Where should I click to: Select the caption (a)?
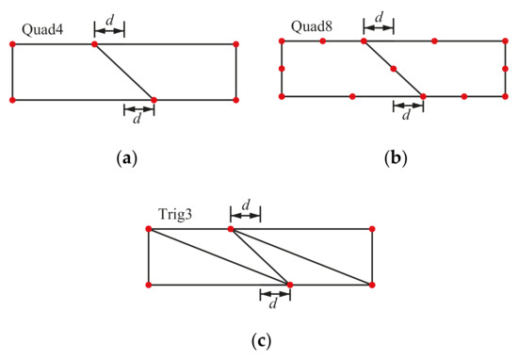(x=124, y=157)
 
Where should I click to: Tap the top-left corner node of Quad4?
(x=12, y=43)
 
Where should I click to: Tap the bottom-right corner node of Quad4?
(x=235, y=99)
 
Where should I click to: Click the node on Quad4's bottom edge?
(x=154, y=99)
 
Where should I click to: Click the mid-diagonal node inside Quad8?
(x=394, y=69)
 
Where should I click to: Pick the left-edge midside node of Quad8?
(x=282, y=69)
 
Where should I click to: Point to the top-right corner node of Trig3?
(x=372, y=229)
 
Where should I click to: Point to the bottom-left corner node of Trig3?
(x=149, y=284)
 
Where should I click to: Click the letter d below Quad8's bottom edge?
(x=407, y=117)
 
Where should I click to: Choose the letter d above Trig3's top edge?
(x=246, y=205)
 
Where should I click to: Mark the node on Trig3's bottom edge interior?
(x=290, y=284)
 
